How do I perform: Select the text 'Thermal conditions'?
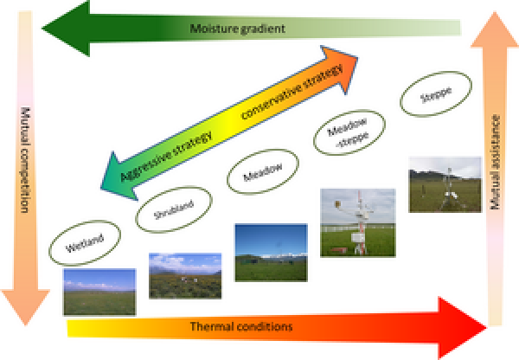click(242, 326)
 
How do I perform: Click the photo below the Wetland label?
click(99, 291)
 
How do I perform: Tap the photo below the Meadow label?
click(270, 252)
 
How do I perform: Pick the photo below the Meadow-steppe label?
click(357, 222)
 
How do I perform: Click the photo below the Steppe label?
click(445, 183)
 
